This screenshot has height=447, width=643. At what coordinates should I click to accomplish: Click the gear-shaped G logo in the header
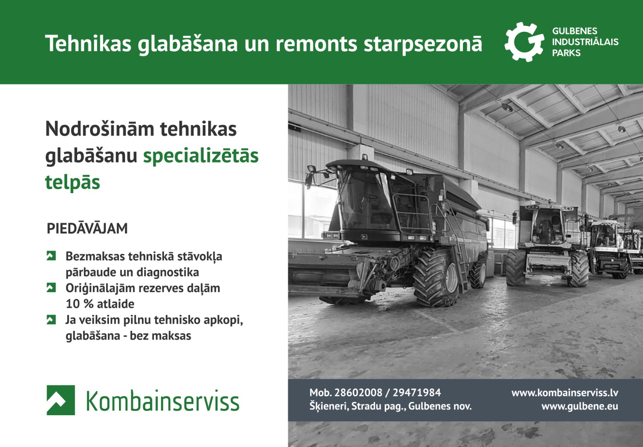tap(524, 42)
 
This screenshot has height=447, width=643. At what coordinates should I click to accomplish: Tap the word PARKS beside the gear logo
tap(566, 53)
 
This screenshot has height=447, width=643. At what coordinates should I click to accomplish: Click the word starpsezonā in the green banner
tap(422, 43)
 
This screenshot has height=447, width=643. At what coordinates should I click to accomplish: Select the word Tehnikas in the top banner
tap(88, 43)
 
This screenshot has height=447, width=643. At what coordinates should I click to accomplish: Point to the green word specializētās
tap(201, 156)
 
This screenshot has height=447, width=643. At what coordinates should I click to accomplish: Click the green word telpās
tap(72, 182)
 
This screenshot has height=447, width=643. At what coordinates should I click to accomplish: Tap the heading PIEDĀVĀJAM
tap(87, 229)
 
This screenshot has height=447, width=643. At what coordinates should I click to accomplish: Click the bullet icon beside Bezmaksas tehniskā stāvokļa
tap(51, 256)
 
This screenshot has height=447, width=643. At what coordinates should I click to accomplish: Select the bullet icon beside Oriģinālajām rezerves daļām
tap(51, 288)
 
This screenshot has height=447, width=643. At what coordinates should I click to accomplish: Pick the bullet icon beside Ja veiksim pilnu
tap(51, 320)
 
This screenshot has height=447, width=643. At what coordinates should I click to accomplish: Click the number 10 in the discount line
tap(73, 304)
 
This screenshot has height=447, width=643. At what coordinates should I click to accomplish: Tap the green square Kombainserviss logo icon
tap(61, 400)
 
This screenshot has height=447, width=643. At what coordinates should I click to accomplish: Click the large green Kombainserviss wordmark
tap(163, 401)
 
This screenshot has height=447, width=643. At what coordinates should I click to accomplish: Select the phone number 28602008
tap(358, 393)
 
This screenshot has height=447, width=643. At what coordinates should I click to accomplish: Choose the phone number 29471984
tap(417, 393)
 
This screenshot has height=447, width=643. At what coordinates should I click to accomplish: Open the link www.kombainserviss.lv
tap(565, 393)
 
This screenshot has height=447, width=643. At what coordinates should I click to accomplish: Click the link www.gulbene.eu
tap(580, 406)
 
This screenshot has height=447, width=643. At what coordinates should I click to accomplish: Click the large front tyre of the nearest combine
tap(437, 277)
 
